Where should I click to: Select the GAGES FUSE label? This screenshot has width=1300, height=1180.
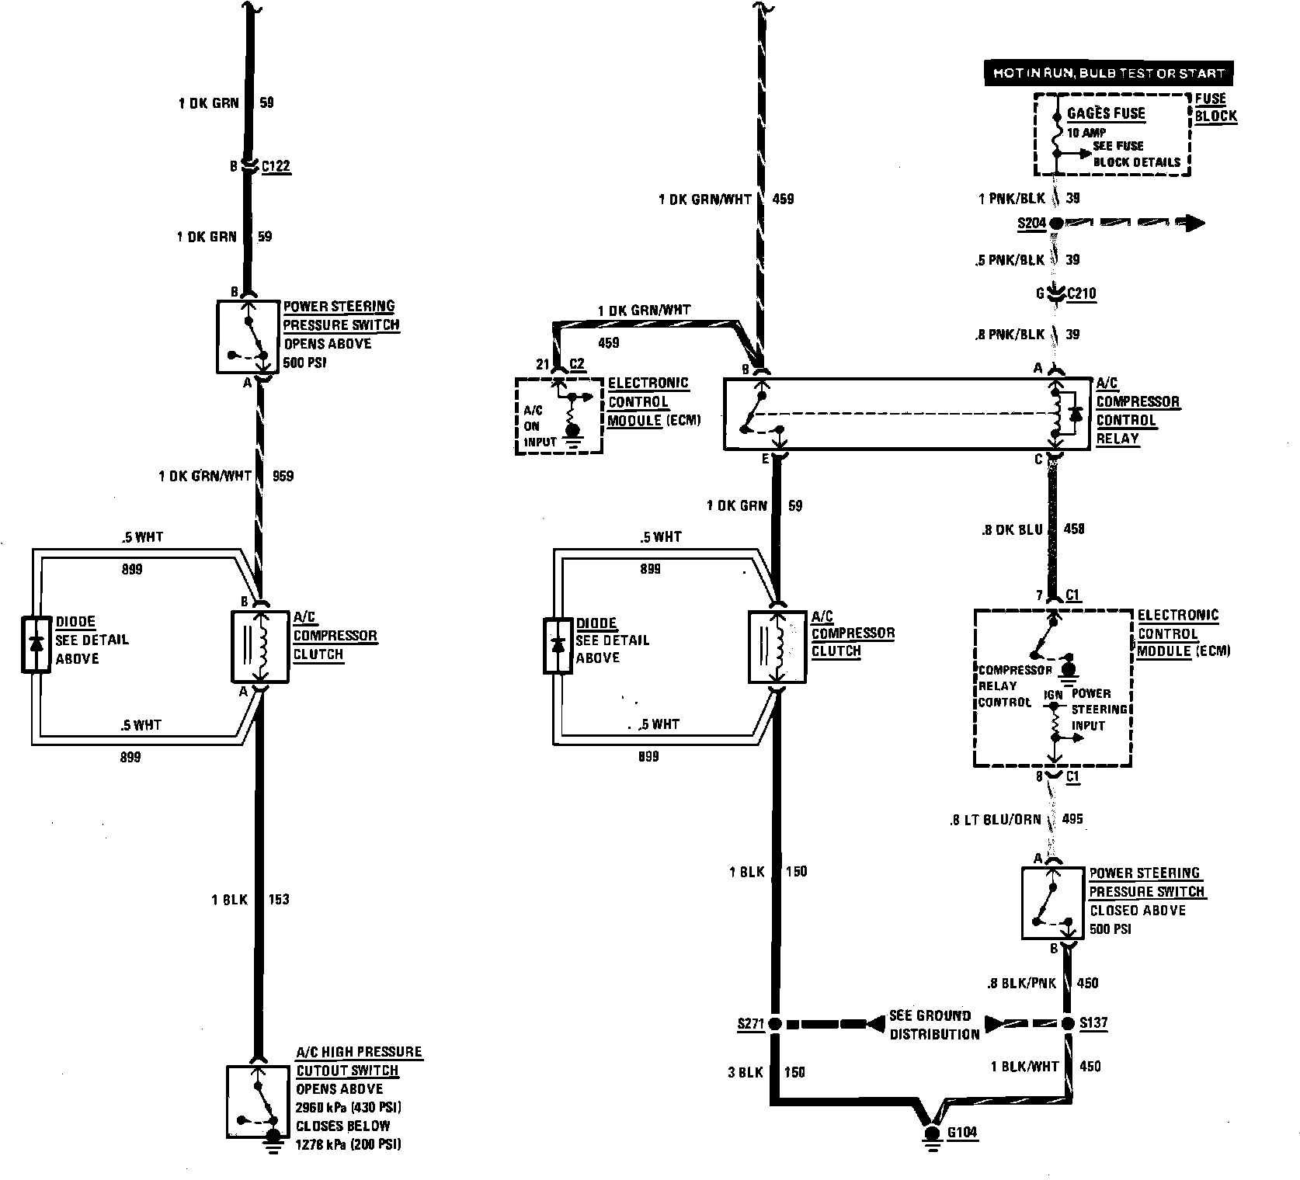pyautogui.click(x=1106, y=113)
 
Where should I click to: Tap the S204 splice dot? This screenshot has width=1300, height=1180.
pyautogui.click(x=1055, y=224)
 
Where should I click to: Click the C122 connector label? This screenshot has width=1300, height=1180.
pyautogui.click(x=276, y=166)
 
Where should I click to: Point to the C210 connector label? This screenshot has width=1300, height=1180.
pyautogui.click(x=1081, y=293)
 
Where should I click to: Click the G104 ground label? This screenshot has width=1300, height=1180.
pyautogui.click(x=962, y=1133)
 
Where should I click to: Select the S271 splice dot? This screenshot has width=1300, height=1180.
pyautogui.click(x=774, y=1024)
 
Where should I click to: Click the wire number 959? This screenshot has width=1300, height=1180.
pyautogui.click(x=283, y=476)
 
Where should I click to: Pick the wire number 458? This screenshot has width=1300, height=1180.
pyautogui.click(x=1073, y=529)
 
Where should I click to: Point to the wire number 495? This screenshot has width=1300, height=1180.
pyautogui.click(x=1071, y=818)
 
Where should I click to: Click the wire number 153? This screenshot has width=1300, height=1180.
pyautogui.click(x=278, y=899)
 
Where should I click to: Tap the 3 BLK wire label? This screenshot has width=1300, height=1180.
pyautogui.click(x=746, y=1072)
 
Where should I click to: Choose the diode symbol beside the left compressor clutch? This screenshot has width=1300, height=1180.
pyautogui.click(x=35, y=644)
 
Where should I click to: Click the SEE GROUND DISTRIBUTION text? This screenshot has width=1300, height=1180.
pyautogui.click(x=934, y=1025)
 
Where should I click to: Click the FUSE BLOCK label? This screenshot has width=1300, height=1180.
pyautogui.click(x=1215, y=107)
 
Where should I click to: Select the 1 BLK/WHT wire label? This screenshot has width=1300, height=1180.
pyautogui.click(x=1024, y=1067)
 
